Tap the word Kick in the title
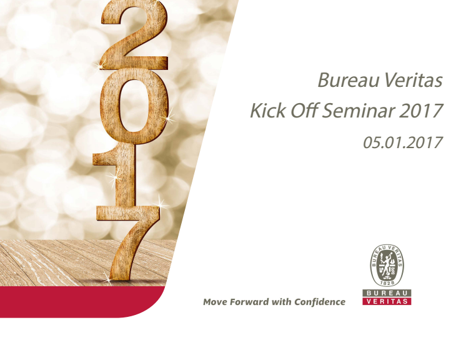pyautogui.click(x=267, y=110)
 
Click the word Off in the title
pyautogui.click(x=303, y=110)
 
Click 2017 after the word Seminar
pyautogui.click(x=420, y=110)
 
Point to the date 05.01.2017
pyautogui.click(x=403, y=142)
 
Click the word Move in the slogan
pyautogui.click(x=215, y=302)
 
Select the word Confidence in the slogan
pyautogui.click(x=320, y=302)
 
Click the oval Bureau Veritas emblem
pyautogui.click(x=387, y=266)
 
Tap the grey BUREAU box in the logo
pyautogui.click(x=387, y=293)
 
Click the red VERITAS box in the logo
pyautogui.click(x=387, y=301)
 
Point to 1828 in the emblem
pyautogui.click(x=387, y=282)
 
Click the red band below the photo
pyautogui.click(x=80, y=302)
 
